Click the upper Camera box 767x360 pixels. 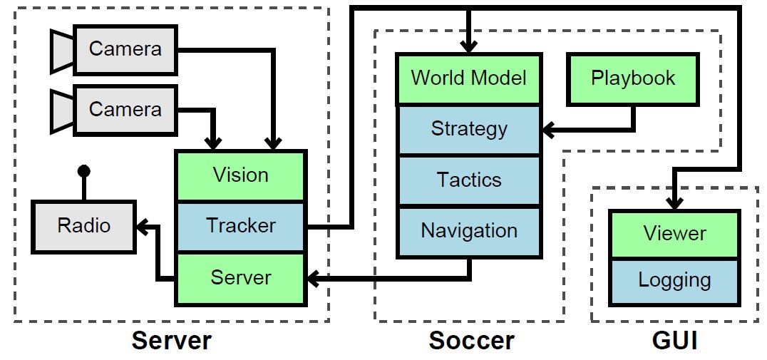[x=125, y=49]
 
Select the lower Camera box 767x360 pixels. [x=125, y=110]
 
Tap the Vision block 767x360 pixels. [x=241, y=175]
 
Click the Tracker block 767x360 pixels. [x=241, y=226]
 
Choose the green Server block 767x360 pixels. [x=241, y=277]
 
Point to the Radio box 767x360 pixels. [x=84, y=226]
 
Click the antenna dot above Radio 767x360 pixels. [x=84, y=170]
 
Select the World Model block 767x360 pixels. [x=468, y=78]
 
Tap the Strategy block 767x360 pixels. [x=468, y=129]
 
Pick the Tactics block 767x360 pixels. [x=468, y=180]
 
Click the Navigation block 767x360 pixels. [x=468, y=231]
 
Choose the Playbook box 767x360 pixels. [x=632, y=78]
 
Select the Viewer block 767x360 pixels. [x=674, y=234]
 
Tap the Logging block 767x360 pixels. [x=674, y=281]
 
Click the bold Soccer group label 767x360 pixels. [x=471, y=341]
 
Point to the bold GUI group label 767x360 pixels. [x=674, y=341]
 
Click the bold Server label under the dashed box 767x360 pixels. [x=171, y=341]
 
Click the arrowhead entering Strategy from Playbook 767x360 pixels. [x=547, y=130]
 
